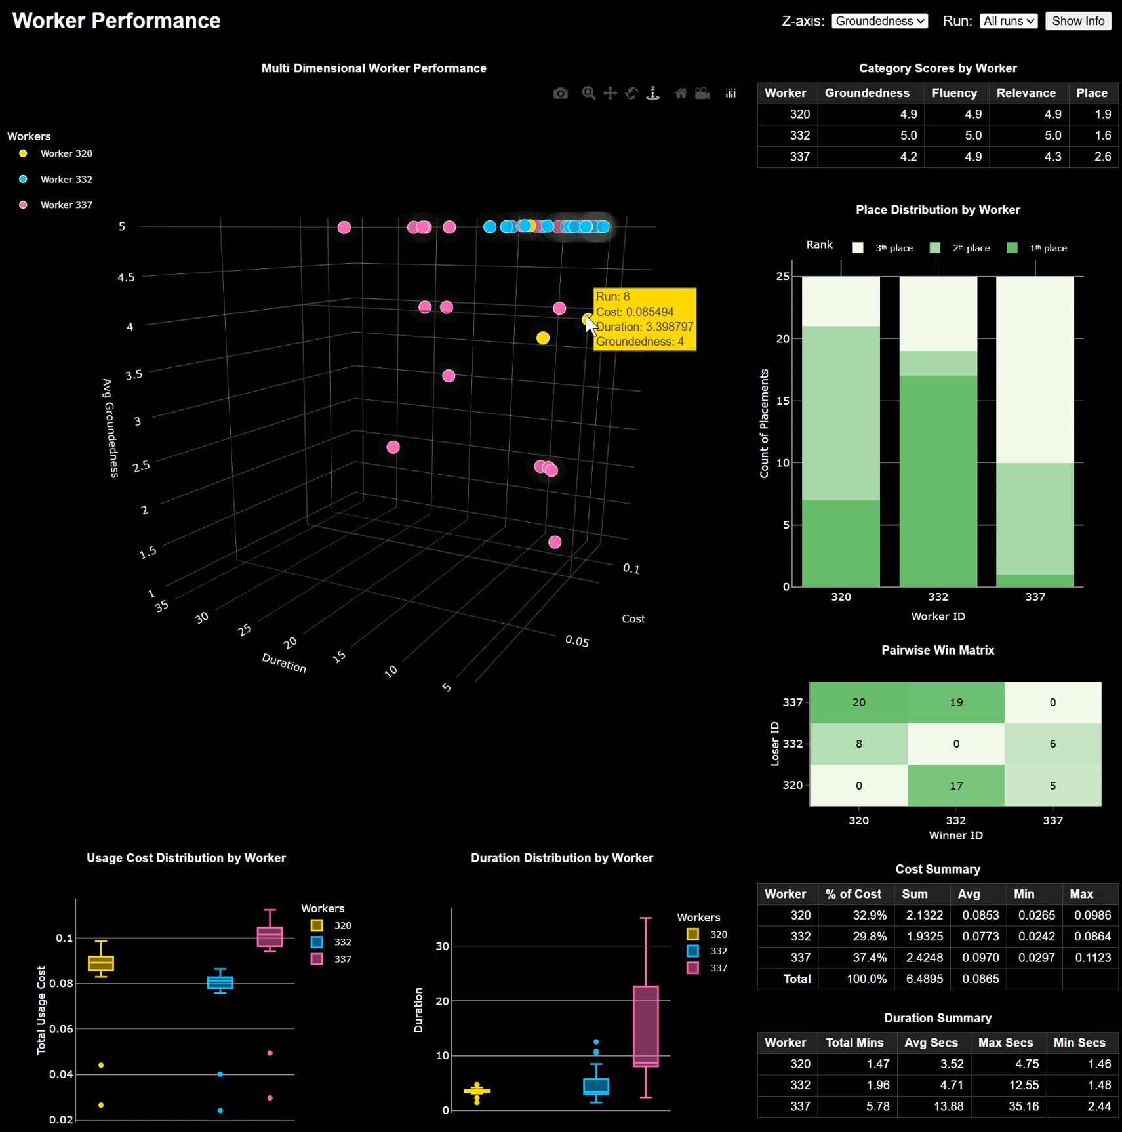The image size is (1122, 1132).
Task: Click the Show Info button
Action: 1077,21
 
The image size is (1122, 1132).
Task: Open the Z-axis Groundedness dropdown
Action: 879,21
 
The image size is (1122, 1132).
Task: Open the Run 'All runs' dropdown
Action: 1008,21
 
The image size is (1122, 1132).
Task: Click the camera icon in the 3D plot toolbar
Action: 560,93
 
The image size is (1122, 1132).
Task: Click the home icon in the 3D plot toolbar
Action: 681,93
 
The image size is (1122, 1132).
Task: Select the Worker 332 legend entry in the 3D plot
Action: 66,179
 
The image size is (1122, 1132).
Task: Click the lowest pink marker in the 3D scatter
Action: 555,542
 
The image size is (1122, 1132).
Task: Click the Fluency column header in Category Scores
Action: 954,93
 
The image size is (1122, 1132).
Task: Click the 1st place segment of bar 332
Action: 938,481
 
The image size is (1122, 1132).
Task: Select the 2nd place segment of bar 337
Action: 1035,519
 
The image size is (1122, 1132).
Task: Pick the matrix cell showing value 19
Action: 955,702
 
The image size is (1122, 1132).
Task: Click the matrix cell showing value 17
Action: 955,785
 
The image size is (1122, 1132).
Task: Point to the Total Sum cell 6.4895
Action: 924,979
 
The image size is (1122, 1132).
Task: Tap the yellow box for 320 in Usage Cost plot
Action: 101,963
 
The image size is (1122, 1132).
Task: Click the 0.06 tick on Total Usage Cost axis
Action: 62,1028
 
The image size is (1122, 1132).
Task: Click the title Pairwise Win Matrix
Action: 937,650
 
